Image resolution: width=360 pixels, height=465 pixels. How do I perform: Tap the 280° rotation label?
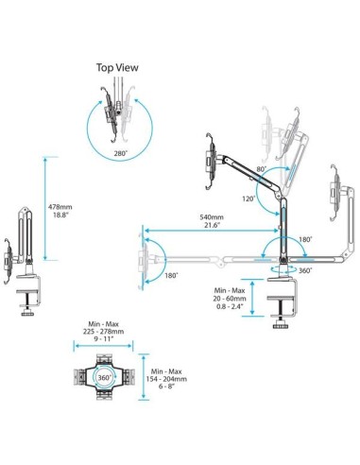(120, 151)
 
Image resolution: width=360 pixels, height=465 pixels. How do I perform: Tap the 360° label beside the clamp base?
(304, 270)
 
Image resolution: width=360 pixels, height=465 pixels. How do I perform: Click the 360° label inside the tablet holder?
(106, 377)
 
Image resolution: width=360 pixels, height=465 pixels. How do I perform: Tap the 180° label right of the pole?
(305, 239)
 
